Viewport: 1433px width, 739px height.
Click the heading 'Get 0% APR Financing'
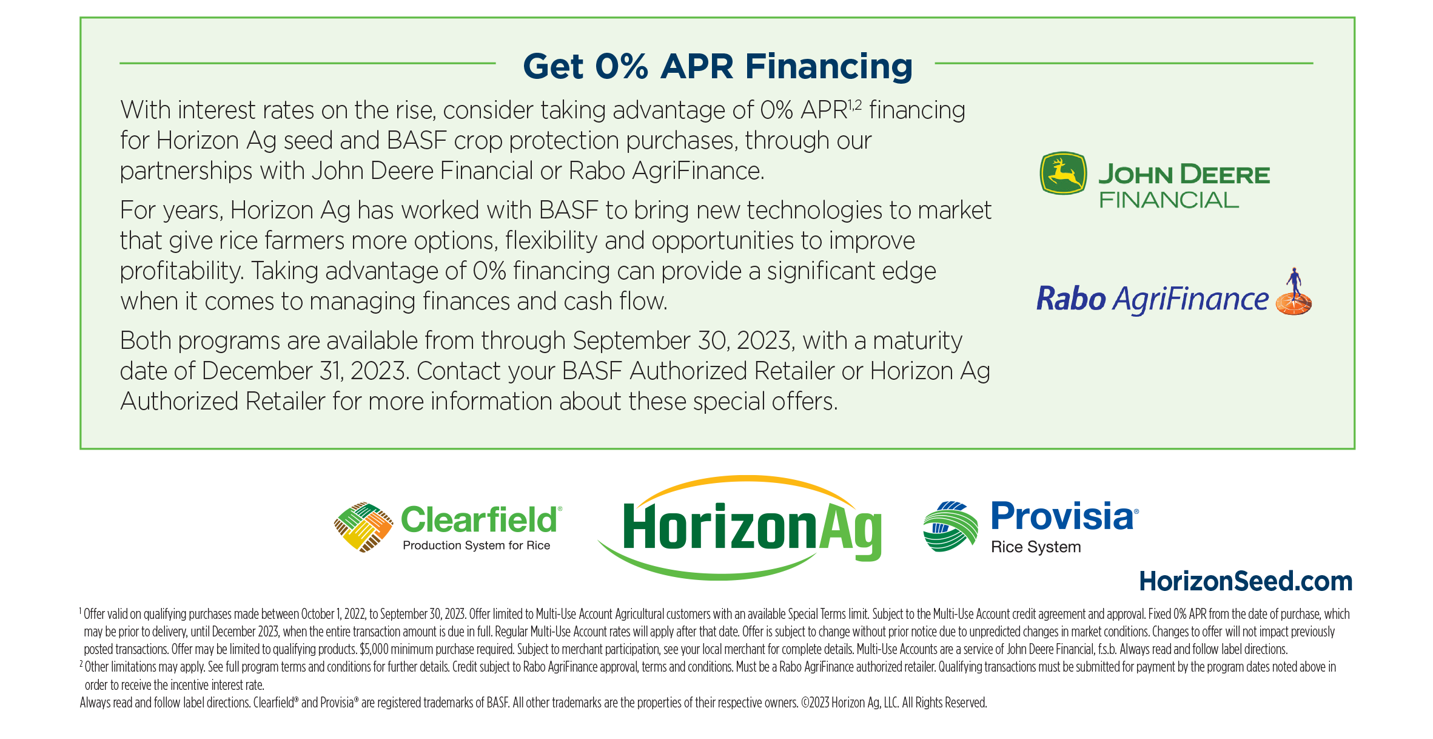point(717,66)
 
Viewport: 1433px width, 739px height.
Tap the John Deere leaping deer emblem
point(1063,173)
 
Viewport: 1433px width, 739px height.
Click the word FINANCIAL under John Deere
point(1169,200)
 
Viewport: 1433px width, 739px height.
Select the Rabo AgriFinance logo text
point(1152,299)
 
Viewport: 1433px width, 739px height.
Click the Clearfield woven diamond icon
point(363,527)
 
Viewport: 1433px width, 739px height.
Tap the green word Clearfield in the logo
point(479,520)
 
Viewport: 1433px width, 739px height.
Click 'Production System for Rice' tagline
point(476,545)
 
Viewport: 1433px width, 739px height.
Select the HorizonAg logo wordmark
point(752,527)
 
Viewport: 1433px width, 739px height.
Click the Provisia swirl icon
point(950,527)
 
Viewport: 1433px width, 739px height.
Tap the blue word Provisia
point(1062,516)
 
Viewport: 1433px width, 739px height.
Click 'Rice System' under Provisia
point(1036,547)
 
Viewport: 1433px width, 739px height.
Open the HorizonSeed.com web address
point(1246,581)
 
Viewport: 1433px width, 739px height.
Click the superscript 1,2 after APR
point(854,105)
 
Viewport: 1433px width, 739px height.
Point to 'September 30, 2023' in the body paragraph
point(683,341)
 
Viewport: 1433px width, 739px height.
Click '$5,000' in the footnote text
point(374,649)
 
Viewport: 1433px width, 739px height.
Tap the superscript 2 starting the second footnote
point(81,664)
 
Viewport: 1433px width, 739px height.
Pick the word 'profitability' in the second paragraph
point(180,271)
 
